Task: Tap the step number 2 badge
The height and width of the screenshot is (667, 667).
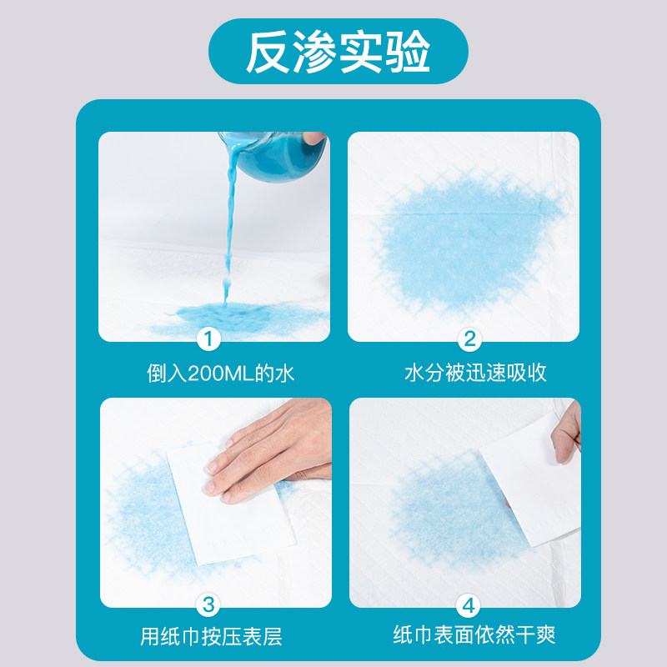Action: point(469,339)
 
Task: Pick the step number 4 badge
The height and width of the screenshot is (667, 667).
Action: point(469,603)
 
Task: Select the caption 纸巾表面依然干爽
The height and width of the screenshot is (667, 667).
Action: point(474,637)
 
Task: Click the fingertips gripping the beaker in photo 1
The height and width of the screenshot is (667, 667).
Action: point(314,138)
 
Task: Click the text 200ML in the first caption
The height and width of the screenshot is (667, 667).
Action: point(217,374)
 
